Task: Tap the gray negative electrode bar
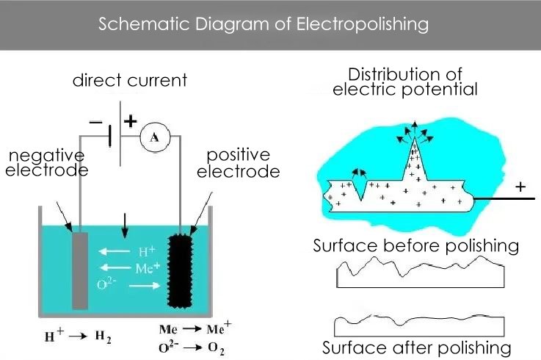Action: click(x=80, y=270)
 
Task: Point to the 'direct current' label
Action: click(x=129, y=80)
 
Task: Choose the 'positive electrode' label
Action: click(x=243, y=163)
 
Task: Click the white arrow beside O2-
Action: click(x=139, y=285)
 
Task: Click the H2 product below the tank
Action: click(x=104, y=339)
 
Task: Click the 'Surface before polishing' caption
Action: click(x=416, y=245)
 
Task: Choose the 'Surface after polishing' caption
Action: click(x=416, y=347)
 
